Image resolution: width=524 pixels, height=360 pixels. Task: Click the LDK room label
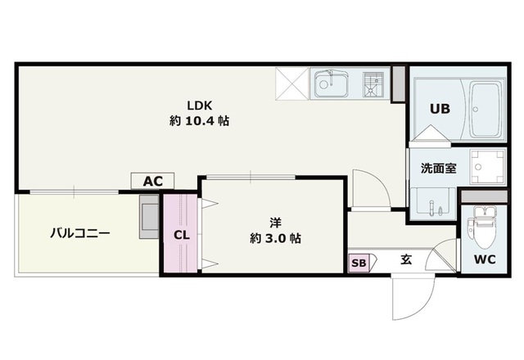point(199,106)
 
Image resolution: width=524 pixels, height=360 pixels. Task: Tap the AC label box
point(152,181)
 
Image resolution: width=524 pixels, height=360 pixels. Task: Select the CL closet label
point(182,235)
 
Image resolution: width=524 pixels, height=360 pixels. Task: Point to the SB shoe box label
point(359,263)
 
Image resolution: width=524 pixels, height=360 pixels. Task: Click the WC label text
point(485,259)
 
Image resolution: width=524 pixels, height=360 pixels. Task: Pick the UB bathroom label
point(440,109)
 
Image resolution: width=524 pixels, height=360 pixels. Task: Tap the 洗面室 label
point(438,168)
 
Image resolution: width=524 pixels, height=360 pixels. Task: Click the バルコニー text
point(80,232)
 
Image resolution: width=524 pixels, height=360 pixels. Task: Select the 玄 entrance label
point(406,259)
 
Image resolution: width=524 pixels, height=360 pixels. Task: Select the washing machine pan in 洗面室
point(488,166)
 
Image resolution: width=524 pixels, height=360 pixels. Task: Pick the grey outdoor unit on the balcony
point(149,216)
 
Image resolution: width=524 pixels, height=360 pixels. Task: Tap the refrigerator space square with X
point(291,83)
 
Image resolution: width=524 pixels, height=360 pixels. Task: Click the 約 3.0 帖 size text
point(275,238)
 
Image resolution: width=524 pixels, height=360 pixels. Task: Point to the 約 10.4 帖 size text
point(199,120)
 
